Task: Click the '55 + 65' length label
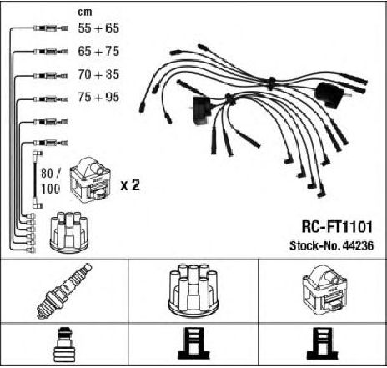(98, 28)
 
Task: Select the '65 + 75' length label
(98, 51)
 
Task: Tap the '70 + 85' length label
(98, 74)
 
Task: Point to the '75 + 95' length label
(98, 97)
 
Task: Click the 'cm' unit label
(85, 12)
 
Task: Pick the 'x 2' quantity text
(130, 185)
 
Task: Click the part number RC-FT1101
(337, 227)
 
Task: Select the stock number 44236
(359, 246)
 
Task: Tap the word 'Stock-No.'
(315, 246)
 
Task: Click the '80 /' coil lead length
(50, 174)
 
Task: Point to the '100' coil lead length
(50, 189)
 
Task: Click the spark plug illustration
(64, 290)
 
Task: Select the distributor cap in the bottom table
(193, 290)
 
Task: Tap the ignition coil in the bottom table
(325, 290)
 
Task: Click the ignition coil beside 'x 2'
(90, 180)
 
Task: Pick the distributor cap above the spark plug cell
(69, 233)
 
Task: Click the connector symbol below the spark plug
(64, 345)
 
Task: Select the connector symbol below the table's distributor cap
(193, 344)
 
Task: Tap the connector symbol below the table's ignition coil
(323, 344)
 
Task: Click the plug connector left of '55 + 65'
(51, 28)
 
